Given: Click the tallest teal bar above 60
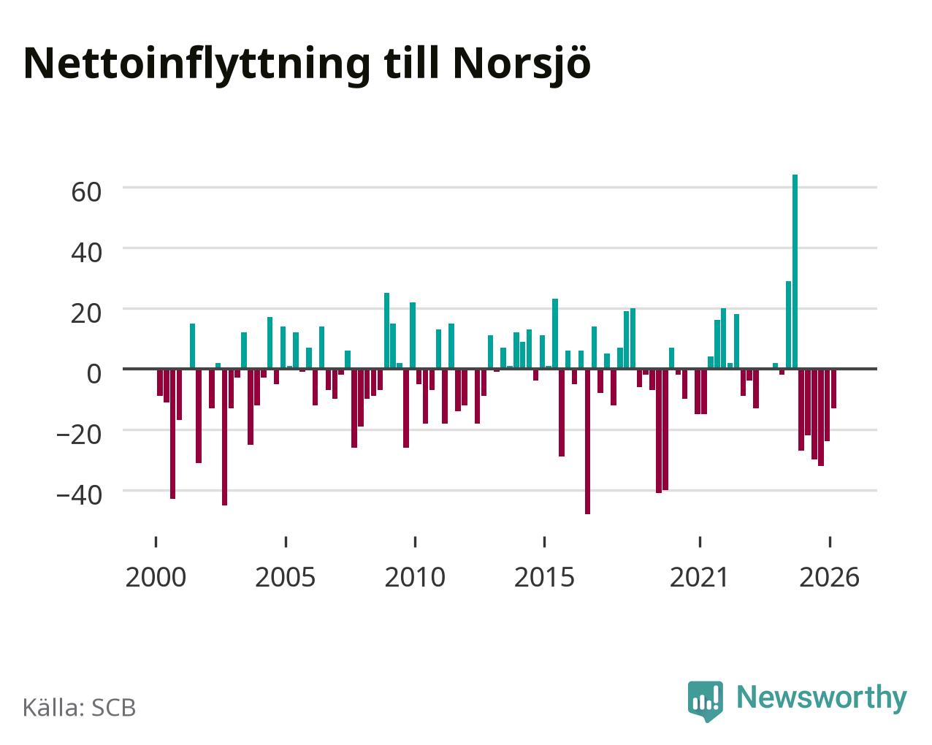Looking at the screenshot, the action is point(795,272).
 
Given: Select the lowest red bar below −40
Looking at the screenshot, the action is point(587,441).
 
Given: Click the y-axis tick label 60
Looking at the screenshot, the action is point(86,192).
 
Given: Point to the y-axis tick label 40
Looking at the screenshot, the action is point(86,253).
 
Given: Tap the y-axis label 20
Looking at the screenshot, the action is point(86,313).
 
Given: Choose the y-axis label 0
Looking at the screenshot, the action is point(94,373).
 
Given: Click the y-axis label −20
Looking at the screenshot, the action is point(79,435).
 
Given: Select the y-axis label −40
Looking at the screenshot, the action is point(79,495).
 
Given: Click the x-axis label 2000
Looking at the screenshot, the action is point(156,577).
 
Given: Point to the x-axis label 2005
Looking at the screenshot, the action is point(286,577).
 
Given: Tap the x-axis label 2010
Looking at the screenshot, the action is point(415,577).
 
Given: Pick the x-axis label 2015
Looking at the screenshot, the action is point(544,577).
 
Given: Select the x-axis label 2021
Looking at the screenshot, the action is point(700,577).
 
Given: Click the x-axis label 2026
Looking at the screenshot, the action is point(829,577).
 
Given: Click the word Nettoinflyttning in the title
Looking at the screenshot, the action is point(197,65).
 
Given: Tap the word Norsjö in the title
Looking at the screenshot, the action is point(522,65).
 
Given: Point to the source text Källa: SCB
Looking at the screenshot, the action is point(80,708).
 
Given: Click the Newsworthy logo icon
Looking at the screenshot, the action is point(705,700).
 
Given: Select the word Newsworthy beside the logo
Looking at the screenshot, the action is point(822,698).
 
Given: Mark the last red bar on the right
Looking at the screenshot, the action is point(833,389).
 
